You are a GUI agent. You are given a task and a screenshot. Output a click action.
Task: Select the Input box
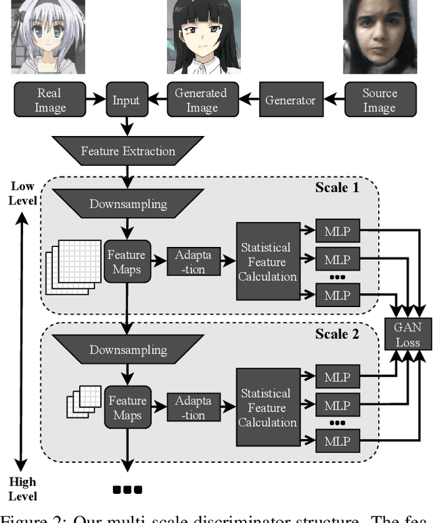[127, 100]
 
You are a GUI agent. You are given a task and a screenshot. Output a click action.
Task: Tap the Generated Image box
[201, 100]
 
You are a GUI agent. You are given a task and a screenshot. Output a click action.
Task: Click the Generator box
[290, 100]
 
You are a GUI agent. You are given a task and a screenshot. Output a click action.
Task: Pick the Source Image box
[380, 100]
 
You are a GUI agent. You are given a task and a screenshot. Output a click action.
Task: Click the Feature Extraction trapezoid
[128, 151]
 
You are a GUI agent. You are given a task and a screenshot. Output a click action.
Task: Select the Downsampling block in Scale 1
[128, 204]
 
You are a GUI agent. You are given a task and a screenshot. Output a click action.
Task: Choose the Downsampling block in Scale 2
[128, 350]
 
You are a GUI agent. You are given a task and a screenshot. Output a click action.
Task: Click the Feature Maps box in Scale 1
[127, 262]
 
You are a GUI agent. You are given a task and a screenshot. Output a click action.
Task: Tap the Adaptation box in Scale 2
[193, 408]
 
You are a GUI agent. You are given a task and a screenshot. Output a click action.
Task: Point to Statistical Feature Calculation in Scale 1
[267, 262]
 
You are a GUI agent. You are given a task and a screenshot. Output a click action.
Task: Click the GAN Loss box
[407, 334]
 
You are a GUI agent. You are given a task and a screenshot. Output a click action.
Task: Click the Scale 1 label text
[337, 187]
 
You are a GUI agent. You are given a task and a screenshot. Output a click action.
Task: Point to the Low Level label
[22, 192]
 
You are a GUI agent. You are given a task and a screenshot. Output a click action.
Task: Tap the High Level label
[22, 488]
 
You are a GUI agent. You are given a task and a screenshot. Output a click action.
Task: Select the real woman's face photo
[379, 37]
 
